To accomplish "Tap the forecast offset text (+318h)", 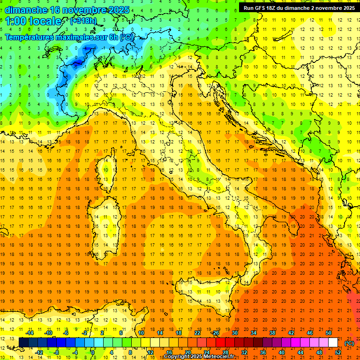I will tap(84, 21).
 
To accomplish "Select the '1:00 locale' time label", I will tap(33, 21).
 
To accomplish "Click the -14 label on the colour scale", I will tap(30, 333).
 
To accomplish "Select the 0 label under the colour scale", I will tap(93, 352).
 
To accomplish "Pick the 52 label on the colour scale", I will tap(338, 352).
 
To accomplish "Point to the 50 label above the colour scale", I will tap(329, 333).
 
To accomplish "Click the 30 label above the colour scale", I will tap(234, 333).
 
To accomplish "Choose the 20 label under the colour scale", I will tap(187, 352).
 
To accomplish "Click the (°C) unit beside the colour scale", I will tap(349, 343).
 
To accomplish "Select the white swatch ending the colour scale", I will tap(333, 343).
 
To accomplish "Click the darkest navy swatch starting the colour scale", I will tap(23, 343).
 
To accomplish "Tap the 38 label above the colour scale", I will tap(272, 333).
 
